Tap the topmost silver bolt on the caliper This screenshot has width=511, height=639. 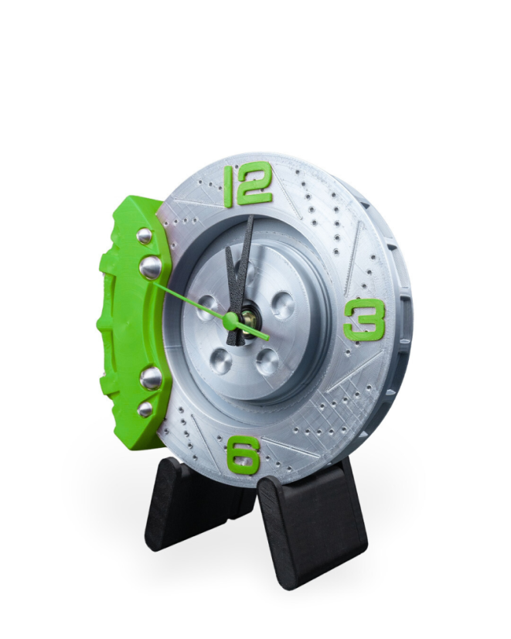pyautogui.click(x=145, y=236)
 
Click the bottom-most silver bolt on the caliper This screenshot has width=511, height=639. pyautogui.click(x=145, y=408)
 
